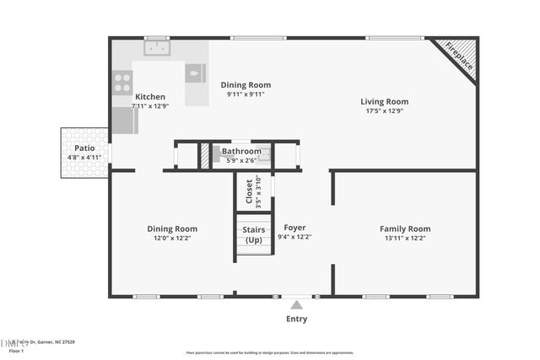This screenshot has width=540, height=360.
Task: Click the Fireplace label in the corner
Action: pyautogui.click(x=459, y=57)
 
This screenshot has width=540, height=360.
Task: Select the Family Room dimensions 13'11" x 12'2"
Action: pyautogui.click(x=405, y=239)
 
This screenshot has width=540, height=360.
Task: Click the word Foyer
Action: pyautogui.click(x=294, y=228)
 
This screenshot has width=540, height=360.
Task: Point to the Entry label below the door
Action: pyautogui.click(x=296, y=320)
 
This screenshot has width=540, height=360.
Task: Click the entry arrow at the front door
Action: pyautogui.click(x=295, y=304)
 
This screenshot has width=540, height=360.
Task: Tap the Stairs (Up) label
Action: pyautogui.click(x=254, y=234)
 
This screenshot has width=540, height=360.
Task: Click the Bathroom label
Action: pyautogui.click(x=241, y=152)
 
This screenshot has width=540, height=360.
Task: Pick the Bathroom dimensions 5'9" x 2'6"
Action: pyautogui.click(x=240, y=160)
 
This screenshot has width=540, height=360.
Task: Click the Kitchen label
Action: pyautogui.click(x=150, y=97)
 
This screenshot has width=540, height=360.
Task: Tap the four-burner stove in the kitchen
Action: pyautogui.click(x=122, y=82)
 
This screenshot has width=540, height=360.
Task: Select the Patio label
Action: pyautogui.click(x=84, y=148)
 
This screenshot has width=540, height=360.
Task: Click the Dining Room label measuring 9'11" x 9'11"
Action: pyautogui.click(x=246, y=85)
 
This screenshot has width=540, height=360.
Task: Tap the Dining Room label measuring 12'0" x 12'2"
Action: pyautogui.click(x=172, y=228)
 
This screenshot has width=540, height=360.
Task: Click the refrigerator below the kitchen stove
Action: pyautogui.click(x=124, y=121)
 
